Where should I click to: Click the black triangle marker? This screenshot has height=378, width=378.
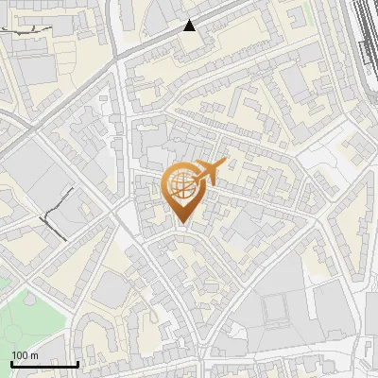click(x=190, y=26)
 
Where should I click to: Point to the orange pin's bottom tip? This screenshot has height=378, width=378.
click(x=181, y=224)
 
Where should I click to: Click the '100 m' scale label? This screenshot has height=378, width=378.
click(x=25, y=355)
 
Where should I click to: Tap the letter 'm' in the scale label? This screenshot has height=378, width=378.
click(x=34, y=355)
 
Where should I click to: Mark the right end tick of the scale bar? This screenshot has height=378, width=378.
click(x=77, y=361)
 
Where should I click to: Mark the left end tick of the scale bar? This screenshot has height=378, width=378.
click(x=11, y=361)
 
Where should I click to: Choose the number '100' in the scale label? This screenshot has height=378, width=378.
click(x=20, y=355)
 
